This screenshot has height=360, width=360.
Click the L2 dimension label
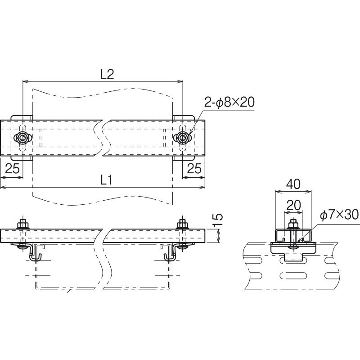(108, 74)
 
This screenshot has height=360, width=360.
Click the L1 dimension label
(107, 180)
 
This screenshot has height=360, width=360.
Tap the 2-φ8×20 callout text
(229, 102)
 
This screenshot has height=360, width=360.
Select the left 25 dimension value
(13, 169)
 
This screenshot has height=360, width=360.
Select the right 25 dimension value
(194, 169)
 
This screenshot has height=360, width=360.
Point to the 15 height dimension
(218, 220)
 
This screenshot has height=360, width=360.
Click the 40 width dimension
(293, 184)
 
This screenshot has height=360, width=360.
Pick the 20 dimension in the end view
(293, 205)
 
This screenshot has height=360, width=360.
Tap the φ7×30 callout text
(339, 216)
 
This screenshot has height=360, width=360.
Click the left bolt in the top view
(22, 138)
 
